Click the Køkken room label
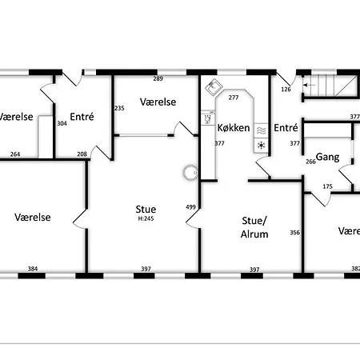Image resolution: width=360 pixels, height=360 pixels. click(x=234, y=128)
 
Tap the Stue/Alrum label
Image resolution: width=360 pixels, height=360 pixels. click(x=254, y=227)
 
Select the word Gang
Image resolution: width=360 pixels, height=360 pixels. click(x=327, y=157)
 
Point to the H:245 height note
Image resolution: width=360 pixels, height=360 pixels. click(x=146, y=218)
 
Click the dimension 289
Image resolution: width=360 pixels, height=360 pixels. click(x=158, y=78)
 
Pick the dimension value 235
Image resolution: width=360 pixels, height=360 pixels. click(x=119, y=108)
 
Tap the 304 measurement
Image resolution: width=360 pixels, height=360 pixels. click(x=62, y=123)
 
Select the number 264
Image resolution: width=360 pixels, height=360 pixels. click(x=15, y=154)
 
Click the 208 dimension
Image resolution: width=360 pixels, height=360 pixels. click(x=82, y=154)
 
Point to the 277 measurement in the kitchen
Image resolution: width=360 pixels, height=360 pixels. click(x=234, y=98)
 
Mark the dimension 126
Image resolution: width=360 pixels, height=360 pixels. click(x=286, y=89)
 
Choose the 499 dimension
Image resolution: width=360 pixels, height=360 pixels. click(x=190, y=207)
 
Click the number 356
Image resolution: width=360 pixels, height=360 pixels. click(x=295, y=233)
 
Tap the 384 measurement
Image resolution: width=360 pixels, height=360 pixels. click(x=33, y=269)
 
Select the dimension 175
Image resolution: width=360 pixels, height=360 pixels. click(x=327, y=186)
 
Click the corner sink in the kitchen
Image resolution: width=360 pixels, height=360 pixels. click(x=214, y=87)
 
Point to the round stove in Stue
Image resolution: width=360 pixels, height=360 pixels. click(x=190, y=173)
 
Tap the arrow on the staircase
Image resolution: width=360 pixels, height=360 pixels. click(x=309, y=85)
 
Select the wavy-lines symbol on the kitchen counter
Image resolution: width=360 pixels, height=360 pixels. click(x=261, y=130)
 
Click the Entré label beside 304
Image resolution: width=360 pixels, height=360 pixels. click(x=82, y=117)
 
